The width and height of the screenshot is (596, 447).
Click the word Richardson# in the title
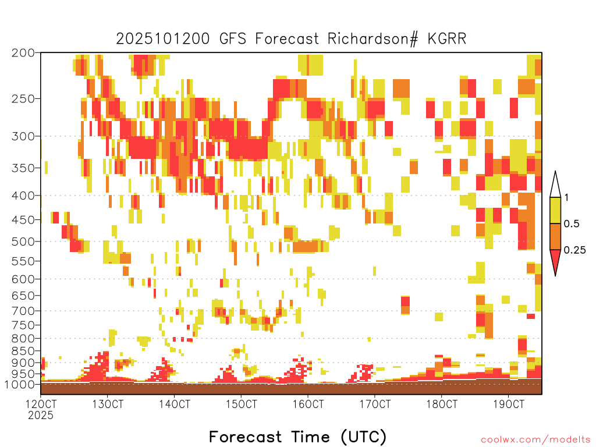(x=372, y=39)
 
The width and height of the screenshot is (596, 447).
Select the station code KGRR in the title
(x=447, y=39)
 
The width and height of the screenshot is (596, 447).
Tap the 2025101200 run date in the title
(x=163, y=39)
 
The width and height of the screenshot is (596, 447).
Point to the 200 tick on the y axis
(x=23, y=53)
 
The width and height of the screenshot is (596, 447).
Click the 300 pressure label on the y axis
(x=23, y=136)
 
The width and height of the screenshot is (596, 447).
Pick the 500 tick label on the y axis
(x=23, y=242)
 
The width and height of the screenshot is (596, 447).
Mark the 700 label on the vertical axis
(x=23, y=311)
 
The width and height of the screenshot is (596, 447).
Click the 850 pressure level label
(x=23, y=351)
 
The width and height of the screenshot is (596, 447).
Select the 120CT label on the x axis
(x=41, y=404)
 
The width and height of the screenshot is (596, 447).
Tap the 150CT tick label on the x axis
(x=242, y=404)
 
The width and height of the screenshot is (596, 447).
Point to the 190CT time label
(x=509, y=404)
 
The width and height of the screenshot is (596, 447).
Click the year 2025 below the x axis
(x=41, y=416)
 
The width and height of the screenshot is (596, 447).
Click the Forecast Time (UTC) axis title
(x=297, y=437)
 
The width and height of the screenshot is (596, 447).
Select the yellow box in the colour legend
(x=555, y=210)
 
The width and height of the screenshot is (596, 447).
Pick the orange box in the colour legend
(x=555, y=236)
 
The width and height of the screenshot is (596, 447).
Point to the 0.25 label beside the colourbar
(x=574, y=250)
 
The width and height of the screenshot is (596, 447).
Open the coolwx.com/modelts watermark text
(x=535, y=440)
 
